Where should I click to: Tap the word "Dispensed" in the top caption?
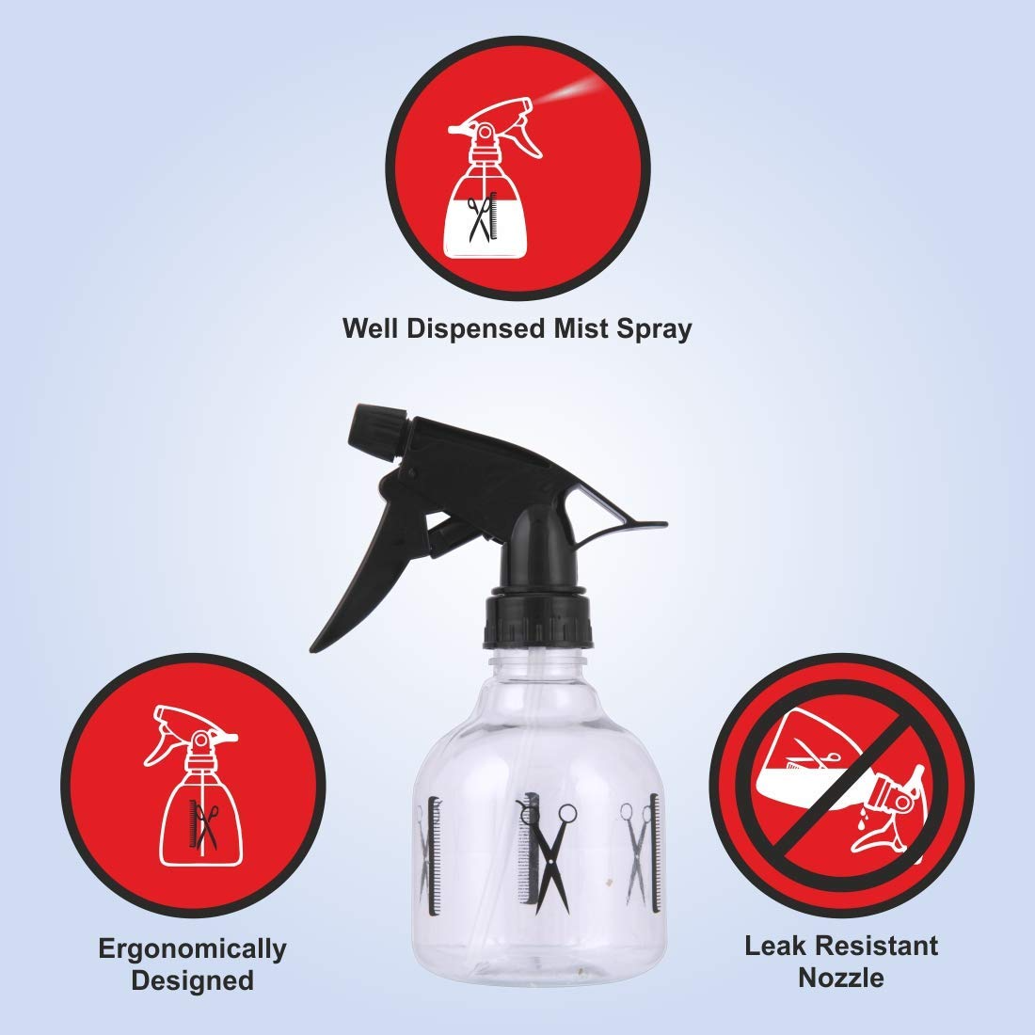(475, 329)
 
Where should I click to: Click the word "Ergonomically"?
(192, 950)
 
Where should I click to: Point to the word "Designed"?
(192, 980)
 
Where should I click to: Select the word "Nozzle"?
(841, 978)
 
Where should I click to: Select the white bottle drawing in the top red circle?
(488, 178)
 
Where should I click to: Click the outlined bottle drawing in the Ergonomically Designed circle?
(197, 786)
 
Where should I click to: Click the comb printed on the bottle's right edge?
(654, 853)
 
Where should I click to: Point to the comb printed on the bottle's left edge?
(435, 856)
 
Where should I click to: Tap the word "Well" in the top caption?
(371, 328)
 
